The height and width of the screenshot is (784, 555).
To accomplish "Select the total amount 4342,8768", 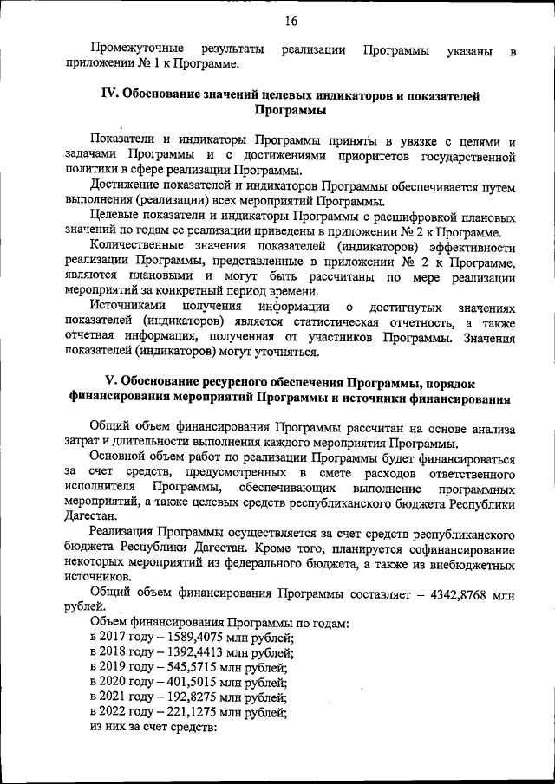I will (x=458, y=593).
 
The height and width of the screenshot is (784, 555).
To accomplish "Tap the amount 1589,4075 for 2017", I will (x=176, y=638).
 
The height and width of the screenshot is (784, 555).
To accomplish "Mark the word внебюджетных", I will (x=472, y=564).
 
